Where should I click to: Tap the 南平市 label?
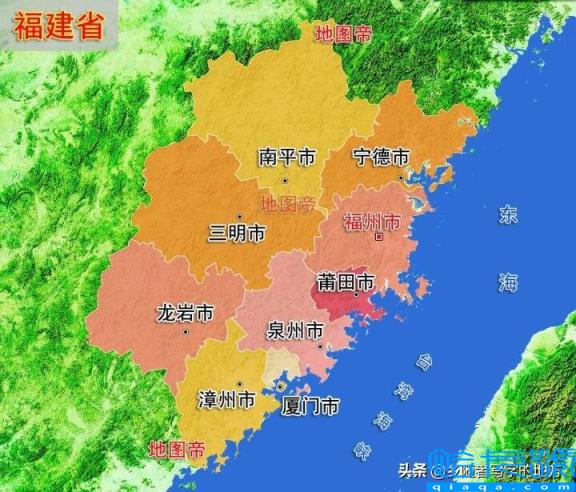click(286, 158)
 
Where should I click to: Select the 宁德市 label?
click(382, 158)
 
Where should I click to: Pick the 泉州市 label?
click(295, 330)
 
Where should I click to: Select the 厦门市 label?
click(310, 406)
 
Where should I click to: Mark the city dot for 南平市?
click(285, 180)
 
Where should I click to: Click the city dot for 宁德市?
click(401, 178)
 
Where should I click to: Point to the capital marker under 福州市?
click(378, 239)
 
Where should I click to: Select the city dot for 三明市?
click(240, 215)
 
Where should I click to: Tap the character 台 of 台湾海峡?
click(425, 359)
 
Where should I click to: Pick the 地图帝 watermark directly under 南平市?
click(287, 204)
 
